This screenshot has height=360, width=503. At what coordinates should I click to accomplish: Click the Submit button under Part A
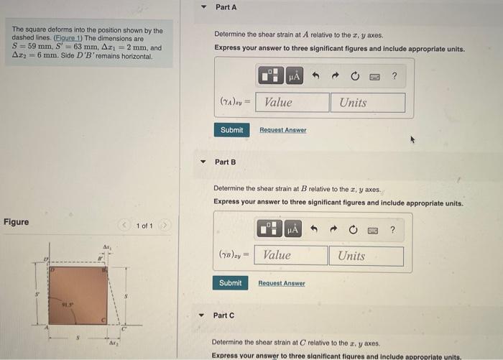tap(231, 130)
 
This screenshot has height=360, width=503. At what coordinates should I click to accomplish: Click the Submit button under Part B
tap(230, 283)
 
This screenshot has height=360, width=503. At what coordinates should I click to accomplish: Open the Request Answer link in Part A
tap(282, 130)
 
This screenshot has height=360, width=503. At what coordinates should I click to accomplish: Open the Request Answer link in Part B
tap(281, 283)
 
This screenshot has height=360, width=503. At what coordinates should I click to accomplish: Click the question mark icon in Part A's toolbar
tap(394, 75)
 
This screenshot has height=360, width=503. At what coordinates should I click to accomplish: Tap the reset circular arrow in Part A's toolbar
tap(355, 75)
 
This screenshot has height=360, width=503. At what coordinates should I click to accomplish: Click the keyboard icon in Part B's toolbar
tap(374, 230)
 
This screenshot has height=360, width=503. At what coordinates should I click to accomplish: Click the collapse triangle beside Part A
tap(203, 7)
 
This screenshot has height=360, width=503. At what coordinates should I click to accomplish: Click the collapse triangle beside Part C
tap(202, 315)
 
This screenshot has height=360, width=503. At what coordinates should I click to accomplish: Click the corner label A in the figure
tap(47, 329)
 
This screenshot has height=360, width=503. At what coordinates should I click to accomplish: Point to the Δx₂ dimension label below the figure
tap(112, 344)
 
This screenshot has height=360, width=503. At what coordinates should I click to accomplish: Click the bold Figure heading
tap(17, 222)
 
